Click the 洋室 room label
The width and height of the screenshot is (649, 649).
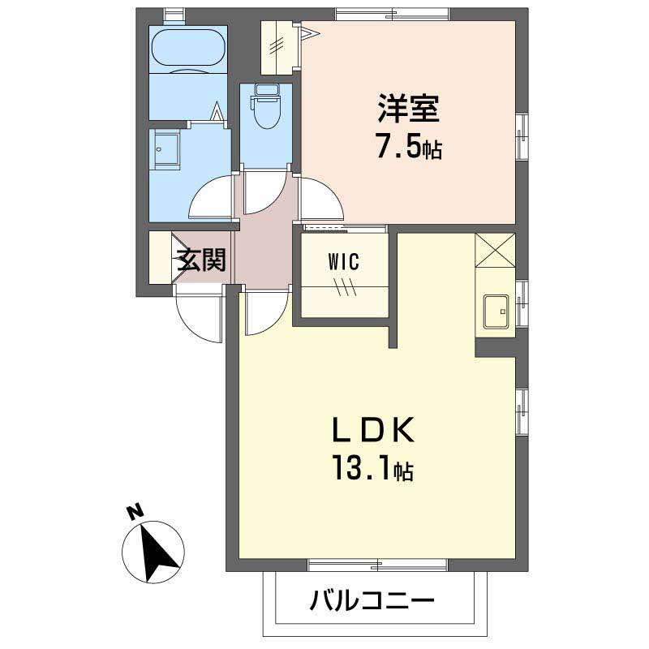(408, 109)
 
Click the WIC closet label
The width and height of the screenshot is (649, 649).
(343, 262)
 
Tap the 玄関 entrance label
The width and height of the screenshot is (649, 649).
(201, 260)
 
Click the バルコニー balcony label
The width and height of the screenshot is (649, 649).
(372, 600)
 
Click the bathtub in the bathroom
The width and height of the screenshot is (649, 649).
(189, 49)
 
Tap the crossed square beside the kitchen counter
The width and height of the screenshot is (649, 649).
(495, 251)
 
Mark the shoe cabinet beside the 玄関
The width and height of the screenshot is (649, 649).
(160, 257)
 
